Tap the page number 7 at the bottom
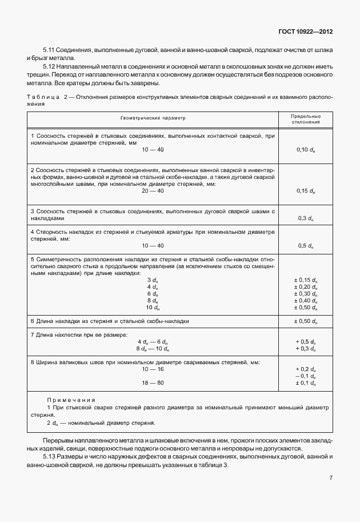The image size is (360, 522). pyautogui.click(x=331, y=478)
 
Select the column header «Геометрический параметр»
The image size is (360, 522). pyautogui.click(x=153, y=118)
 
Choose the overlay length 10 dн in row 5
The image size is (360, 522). pyautogui.click(x=152, y=307)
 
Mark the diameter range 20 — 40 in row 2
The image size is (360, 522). pyautogui.click(x=153, y=191)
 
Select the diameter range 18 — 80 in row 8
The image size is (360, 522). pyautogui.click(x=153, y=382)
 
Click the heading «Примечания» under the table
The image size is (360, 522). pyautogui.click(x=71, y=400)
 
